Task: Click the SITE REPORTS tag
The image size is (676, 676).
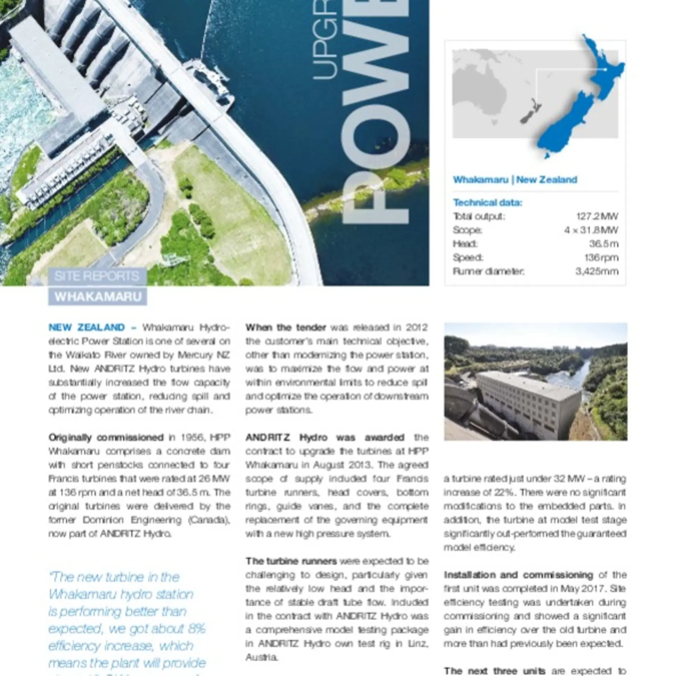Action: [x=97, y=276]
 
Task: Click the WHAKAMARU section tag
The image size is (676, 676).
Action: [x=98, y=296]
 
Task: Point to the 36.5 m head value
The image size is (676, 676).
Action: [x=603, y=244]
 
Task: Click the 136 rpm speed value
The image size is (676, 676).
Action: [x=601, y=257]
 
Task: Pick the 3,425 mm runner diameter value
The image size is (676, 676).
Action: [x=597, y=271]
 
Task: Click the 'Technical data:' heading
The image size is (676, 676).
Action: [x=488, y=202]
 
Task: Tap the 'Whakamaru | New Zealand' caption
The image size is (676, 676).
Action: [x=515, y=180]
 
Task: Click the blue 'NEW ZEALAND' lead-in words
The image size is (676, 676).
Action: [x=87, y=327]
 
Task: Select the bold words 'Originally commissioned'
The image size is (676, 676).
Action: [x=106, y=438]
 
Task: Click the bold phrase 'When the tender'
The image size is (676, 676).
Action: [x=286, y=327]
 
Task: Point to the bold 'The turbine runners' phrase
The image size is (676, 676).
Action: [x=291, y=561]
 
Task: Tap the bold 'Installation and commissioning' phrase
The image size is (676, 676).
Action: [x=518, y=575]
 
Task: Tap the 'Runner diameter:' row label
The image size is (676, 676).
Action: [x=488, y=271]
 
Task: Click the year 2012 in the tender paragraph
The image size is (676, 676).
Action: [x=417, y=327]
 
